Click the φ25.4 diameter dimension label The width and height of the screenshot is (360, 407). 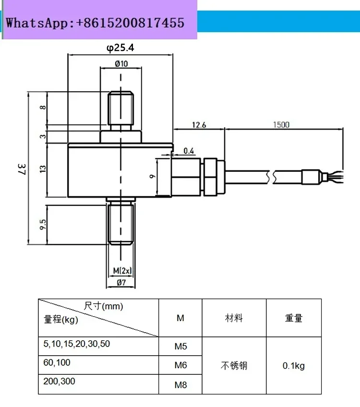coord(120,48)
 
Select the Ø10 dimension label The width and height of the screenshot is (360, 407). coord(121,63)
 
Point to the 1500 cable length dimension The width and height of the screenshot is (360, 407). coord(281,125)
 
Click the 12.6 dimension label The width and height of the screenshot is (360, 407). coord(199,125)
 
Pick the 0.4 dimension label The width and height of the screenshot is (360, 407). coord(189,151)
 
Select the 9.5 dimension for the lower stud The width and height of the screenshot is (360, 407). coord(43,225)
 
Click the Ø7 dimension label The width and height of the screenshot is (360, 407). coord(121,282)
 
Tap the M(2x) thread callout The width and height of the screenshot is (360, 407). coord(122,271)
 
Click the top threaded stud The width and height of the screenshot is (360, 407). coord(120,108)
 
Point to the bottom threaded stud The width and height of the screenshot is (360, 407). coord(120,225)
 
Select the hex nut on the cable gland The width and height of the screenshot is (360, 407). coord(211,177)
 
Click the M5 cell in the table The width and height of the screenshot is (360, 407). coord(180,346)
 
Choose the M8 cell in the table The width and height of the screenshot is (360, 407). coord(180,384)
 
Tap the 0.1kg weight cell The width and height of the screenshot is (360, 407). coord(294,366)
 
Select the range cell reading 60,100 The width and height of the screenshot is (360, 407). coord(57,363)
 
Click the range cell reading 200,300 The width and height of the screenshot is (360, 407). coord(59,381)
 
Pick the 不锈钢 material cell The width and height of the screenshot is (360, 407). coord(234,366)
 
